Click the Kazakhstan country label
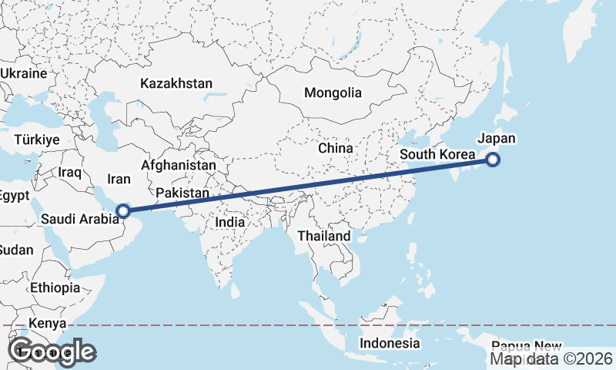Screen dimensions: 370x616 [176, 82]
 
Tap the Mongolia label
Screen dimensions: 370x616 [333, 92]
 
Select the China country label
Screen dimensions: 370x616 [336, 147]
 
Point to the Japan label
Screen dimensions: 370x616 [496, 139]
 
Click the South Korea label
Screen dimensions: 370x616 [437, 155]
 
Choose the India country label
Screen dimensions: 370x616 [230, 221]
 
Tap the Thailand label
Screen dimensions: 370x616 [324, 236]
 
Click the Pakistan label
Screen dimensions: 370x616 [182, 193]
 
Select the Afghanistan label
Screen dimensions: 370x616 [179, 165]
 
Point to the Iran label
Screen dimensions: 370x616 [119, 179]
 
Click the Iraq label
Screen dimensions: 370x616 [69, 173]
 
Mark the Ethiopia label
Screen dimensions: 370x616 [55, 288]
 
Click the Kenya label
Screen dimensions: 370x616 [47, 323]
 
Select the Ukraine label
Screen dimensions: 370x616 [24, 73]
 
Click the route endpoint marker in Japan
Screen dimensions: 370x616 [493, 160]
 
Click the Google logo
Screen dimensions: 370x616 [52, 352]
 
